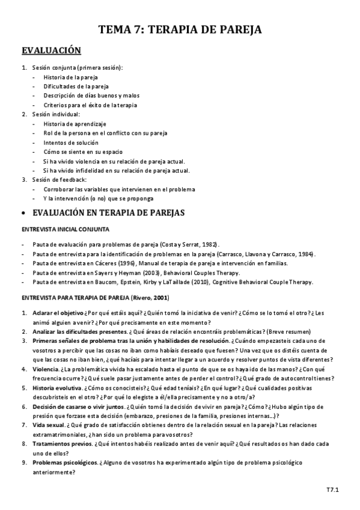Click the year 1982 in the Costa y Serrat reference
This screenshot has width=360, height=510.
[209, 245]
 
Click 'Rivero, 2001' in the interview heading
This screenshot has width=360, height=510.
[151, 298]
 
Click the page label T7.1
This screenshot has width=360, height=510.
[332, 490]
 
